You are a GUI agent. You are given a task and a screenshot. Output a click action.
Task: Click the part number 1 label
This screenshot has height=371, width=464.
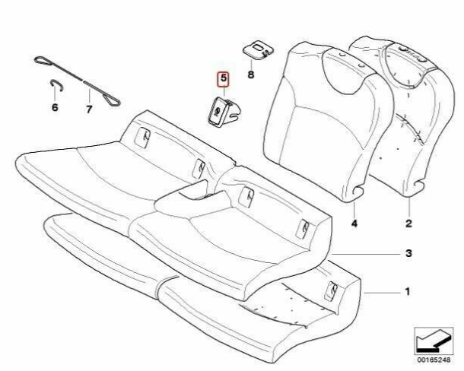tap(408, 291)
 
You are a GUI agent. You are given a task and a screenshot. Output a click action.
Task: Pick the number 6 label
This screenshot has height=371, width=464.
tap(55, 108)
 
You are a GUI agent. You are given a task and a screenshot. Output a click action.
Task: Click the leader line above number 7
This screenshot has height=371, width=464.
tap(88, 94)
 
